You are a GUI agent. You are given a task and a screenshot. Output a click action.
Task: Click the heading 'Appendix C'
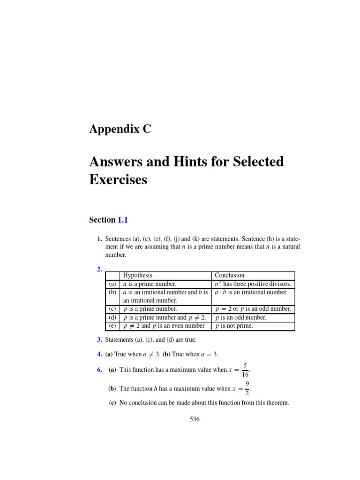120,130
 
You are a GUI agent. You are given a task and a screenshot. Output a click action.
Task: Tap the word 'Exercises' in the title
118,180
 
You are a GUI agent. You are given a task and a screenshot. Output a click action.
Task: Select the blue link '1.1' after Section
122,220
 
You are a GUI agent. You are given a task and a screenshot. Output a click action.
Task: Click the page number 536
195,419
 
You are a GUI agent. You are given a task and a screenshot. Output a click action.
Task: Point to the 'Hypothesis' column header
137,276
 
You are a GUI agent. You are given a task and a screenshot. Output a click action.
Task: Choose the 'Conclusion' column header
229,276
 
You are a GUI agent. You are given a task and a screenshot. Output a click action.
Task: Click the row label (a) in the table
112,284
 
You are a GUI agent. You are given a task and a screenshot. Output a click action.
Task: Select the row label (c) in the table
112,309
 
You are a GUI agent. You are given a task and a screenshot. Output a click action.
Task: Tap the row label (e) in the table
112,326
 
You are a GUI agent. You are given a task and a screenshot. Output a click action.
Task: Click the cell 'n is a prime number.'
149,284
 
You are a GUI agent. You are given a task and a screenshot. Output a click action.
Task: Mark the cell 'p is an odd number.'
240,317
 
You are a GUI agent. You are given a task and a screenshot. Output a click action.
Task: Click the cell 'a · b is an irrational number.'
251,292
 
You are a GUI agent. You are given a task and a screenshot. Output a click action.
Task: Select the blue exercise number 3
99,340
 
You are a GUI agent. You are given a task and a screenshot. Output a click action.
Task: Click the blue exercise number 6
99,370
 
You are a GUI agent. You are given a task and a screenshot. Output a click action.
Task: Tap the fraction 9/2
247,389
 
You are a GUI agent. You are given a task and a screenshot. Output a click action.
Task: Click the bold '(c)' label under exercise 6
112,403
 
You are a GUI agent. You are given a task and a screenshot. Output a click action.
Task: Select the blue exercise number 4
99,354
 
